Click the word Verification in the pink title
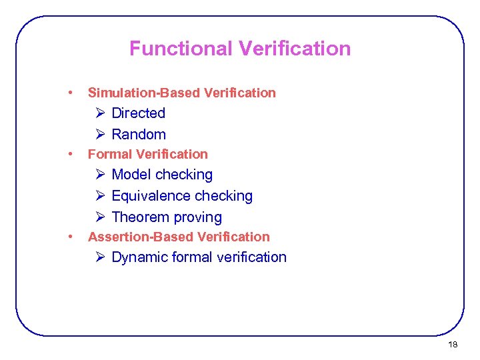click(x=294, y=49)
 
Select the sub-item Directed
click(x=138, y=113)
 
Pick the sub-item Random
click(x=139, y=135)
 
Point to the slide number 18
click(x=453, y=345)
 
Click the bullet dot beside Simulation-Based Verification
click(x=70, y=92)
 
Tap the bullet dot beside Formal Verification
click(x=70, y=153)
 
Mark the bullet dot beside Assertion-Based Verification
click(x=70, y=236)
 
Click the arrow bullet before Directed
click(x=100, y=113)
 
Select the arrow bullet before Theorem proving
click(x=100, y=217)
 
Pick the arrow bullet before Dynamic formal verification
click(x=100, y=257)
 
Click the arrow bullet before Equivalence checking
click(x=100, y=196)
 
